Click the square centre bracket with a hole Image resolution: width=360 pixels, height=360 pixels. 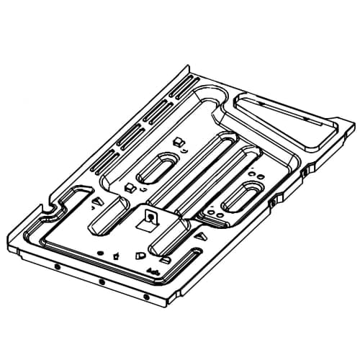click(151, 216)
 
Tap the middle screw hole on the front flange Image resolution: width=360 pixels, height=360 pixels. click(101, 281)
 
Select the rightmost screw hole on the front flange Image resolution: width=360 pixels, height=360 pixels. click(146, 296)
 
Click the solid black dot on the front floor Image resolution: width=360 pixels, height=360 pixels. click(100, 253)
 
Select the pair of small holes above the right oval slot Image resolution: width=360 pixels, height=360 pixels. click(253, 172)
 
